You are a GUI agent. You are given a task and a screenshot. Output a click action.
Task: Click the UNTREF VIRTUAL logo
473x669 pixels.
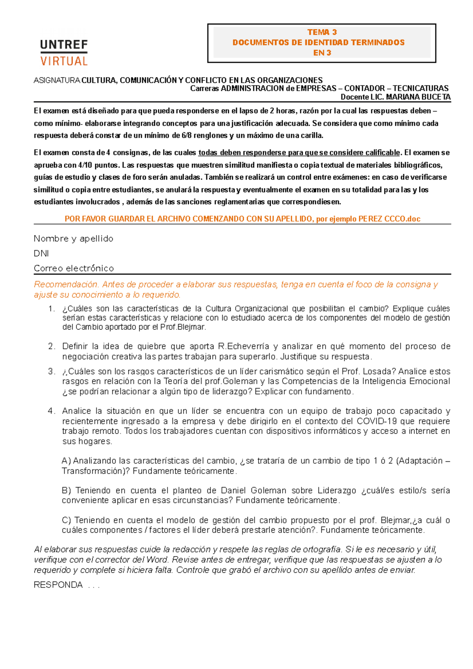point(64,52)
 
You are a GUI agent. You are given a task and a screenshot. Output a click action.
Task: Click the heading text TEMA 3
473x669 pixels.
point(322,32)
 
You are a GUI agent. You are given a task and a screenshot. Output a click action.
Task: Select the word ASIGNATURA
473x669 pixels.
point(57,80)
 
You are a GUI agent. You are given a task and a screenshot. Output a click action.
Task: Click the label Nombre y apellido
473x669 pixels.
point(73,239)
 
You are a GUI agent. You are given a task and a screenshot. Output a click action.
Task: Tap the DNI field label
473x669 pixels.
point(41,253)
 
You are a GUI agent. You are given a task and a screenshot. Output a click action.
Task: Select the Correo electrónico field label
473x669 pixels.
point(74,268)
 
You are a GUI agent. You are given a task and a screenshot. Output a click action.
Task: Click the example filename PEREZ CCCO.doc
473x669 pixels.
point(389,219)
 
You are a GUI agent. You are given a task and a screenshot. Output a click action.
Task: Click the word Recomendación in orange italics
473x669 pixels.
point(66,284)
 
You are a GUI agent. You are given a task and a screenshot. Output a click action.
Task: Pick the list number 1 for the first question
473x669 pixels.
point(52,309)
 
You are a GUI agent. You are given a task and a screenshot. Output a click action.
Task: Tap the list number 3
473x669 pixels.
point(52,372)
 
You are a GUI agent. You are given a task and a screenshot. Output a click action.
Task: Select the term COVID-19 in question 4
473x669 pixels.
point(376,421)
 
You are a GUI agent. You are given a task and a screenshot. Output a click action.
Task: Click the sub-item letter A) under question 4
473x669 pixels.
point(66,461)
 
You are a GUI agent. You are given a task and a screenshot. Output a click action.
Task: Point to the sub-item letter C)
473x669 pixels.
point(66,520)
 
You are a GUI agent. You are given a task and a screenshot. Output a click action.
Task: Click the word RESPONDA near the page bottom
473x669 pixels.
point(58,585)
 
